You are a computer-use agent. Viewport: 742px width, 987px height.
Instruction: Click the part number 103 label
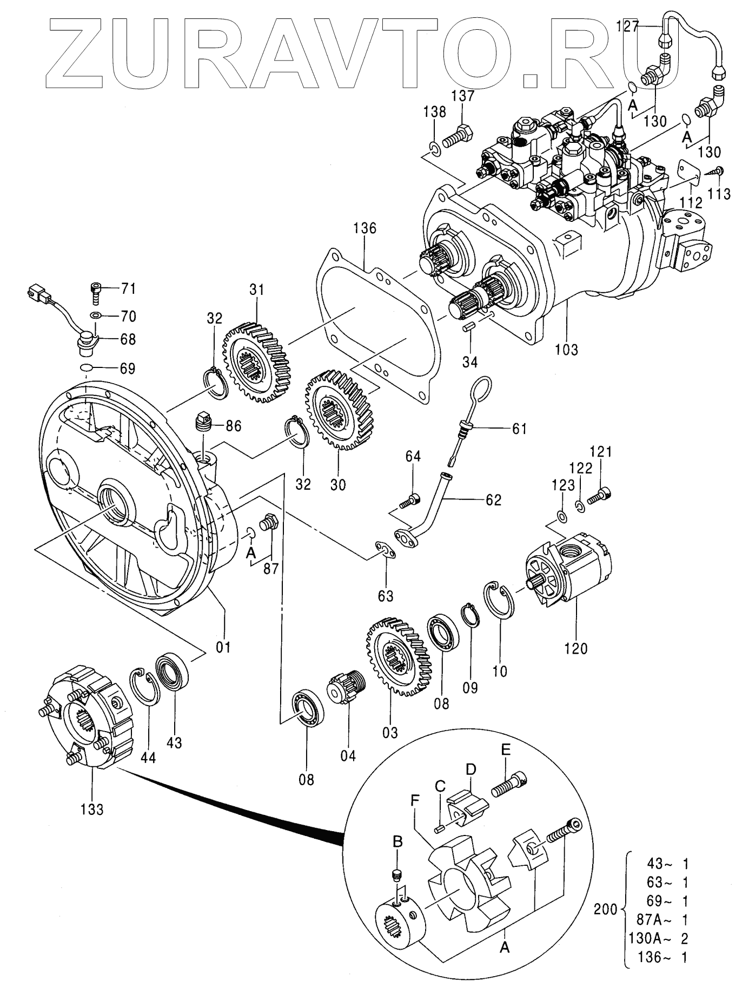[x=567, y=349]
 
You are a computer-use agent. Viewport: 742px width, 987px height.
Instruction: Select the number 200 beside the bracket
[x=605, y=909]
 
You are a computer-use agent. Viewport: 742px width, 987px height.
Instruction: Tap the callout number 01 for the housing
[x=223, y=646]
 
